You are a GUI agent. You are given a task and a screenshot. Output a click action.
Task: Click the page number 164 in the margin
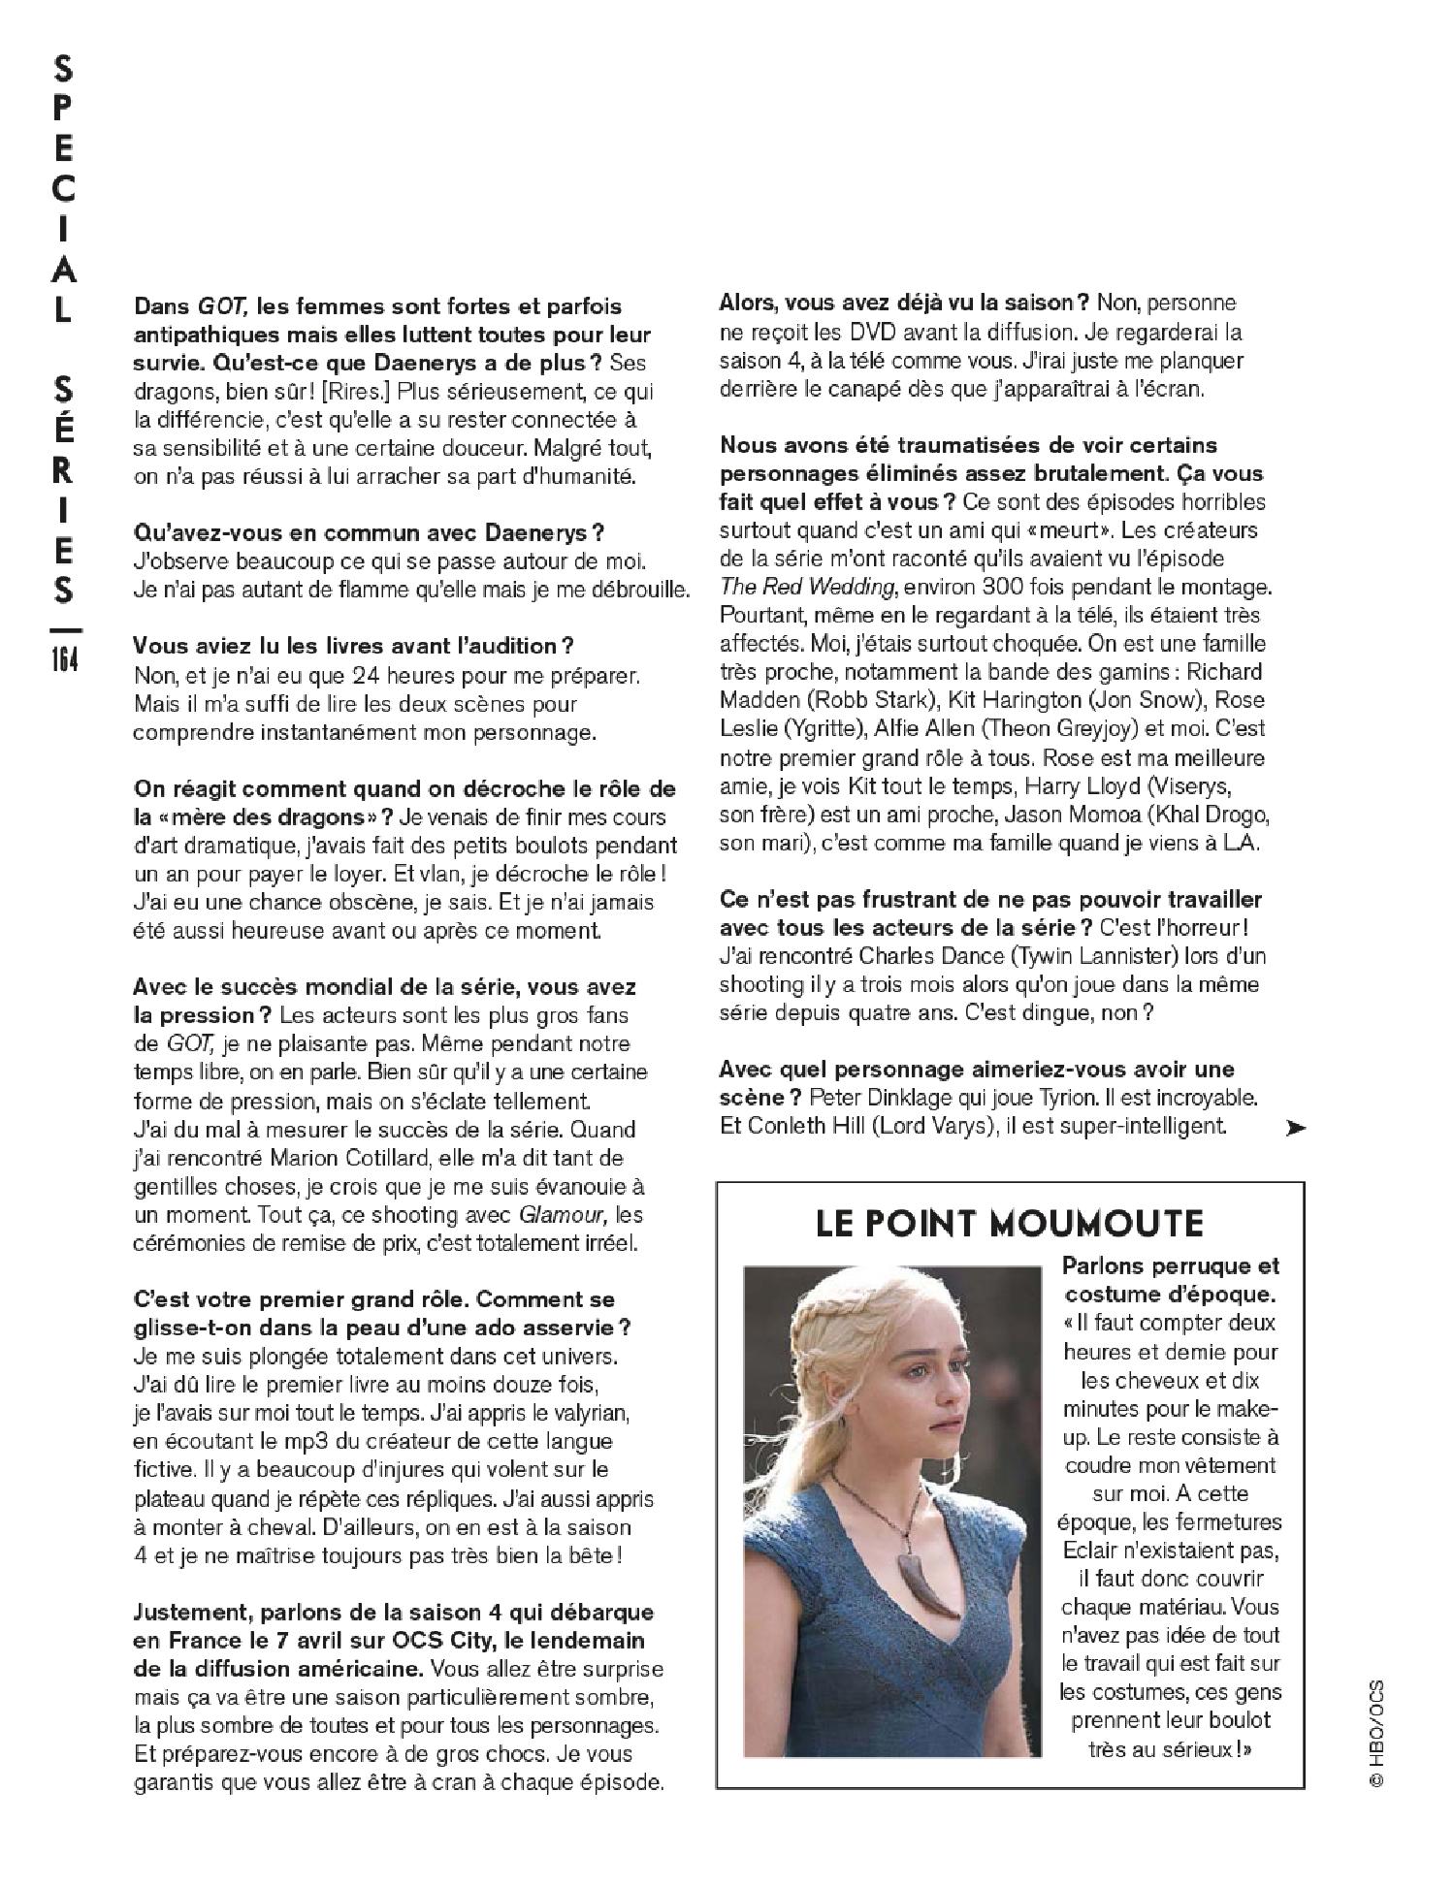coord(63,659)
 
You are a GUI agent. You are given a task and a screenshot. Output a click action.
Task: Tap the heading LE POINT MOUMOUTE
coord(1009,1223)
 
